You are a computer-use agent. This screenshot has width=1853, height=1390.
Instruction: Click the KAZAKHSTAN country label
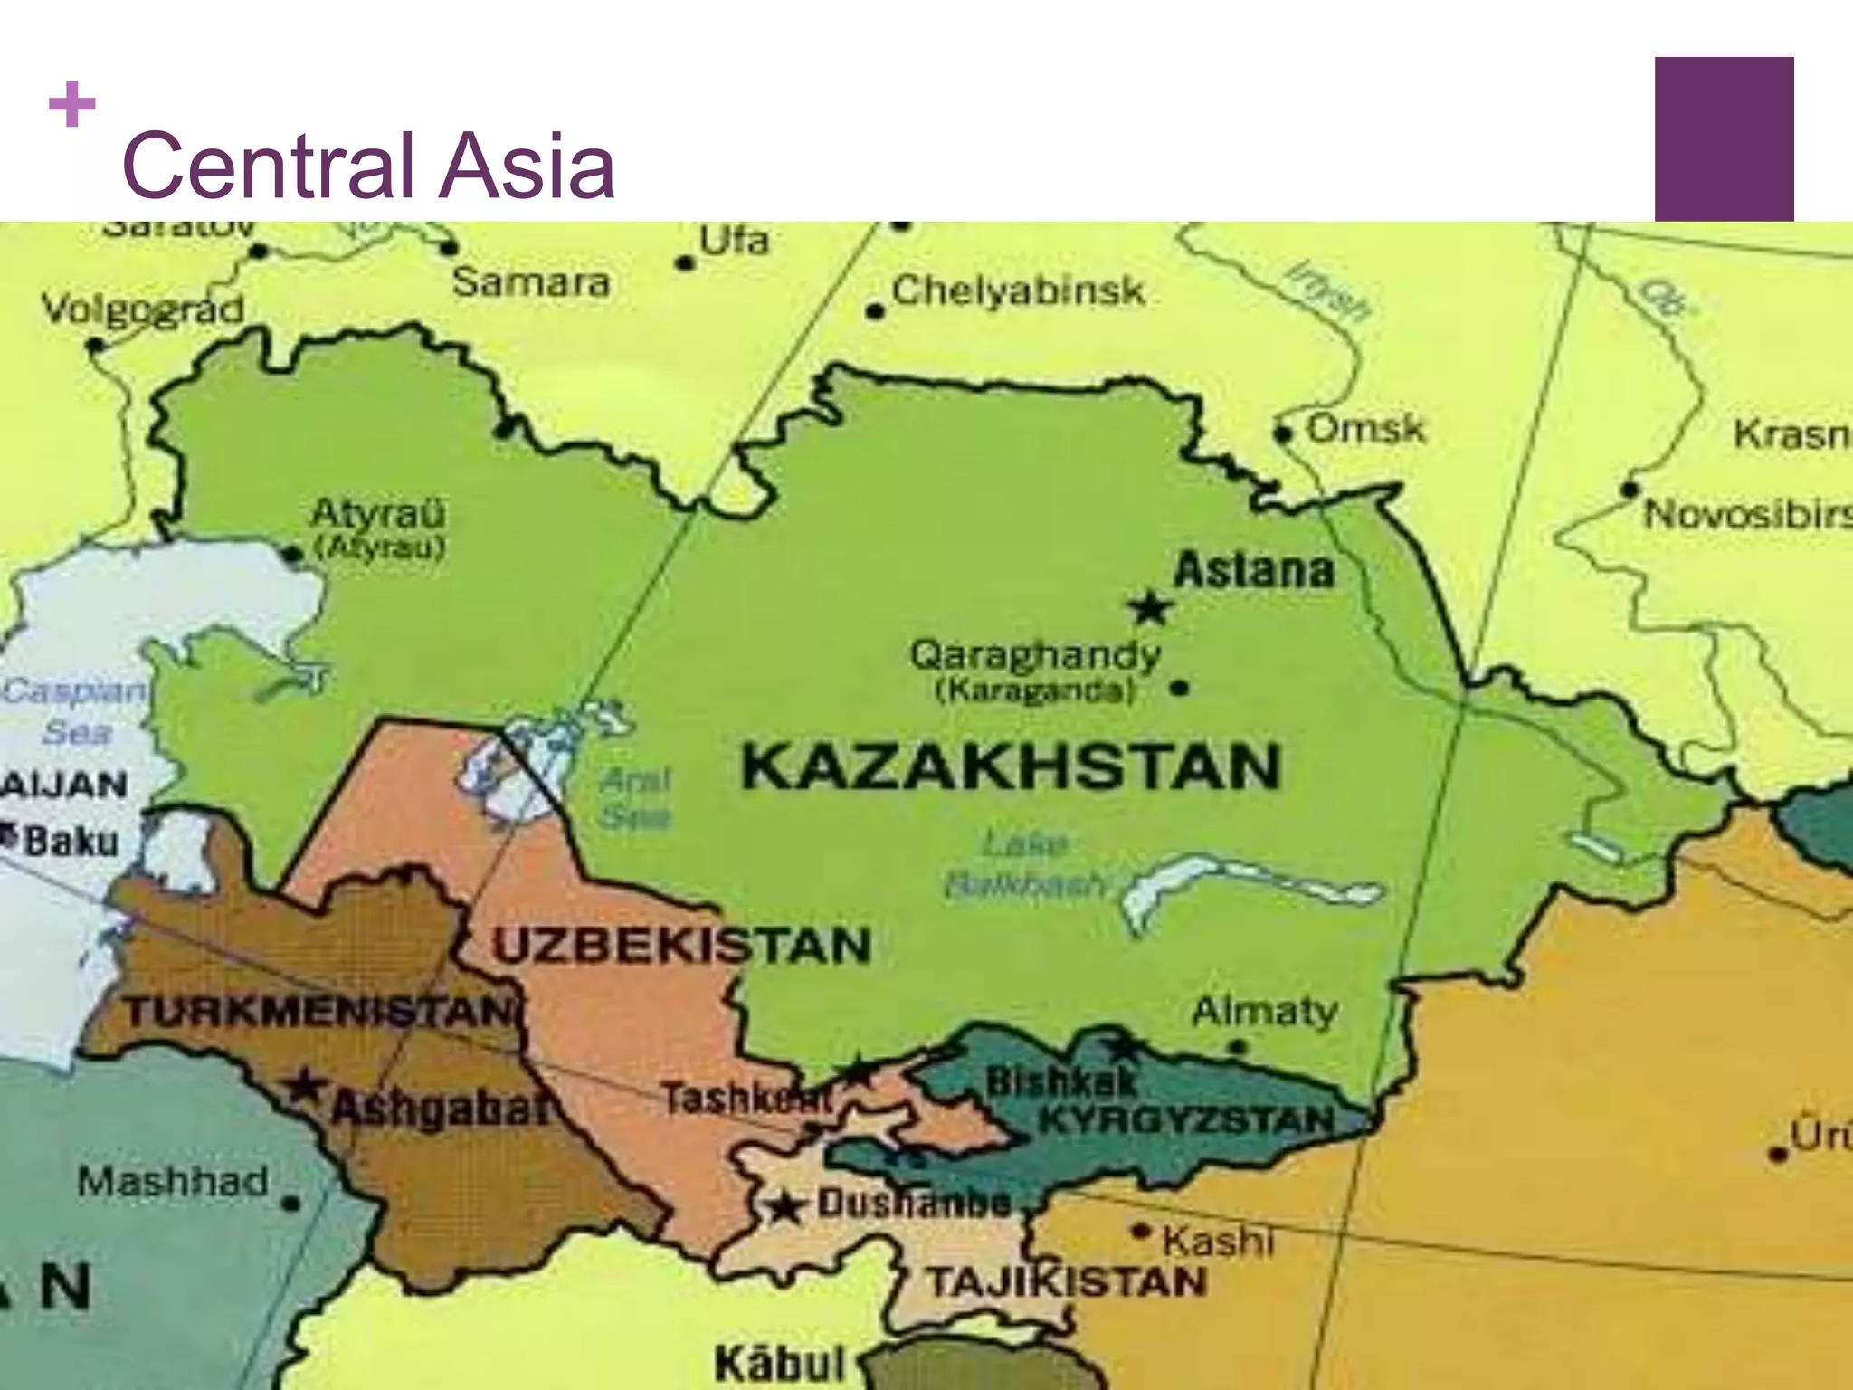1011,767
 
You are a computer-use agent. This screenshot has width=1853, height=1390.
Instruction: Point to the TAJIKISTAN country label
1066,1281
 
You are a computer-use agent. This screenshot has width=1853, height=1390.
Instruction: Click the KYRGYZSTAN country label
1185,1121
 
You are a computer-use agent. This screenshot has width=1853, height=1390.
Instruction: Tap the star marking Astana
1150,607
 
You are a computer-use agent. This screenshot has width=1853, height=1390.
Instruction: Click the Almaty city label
1264,1011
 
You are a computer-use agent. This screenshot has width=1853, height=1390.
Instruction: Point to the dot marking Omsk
1283,433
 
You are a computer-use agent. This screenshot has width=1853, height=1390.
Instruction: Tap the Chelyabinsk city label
1018,291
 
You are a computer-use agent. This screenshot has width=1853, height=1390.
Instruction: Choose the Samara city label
531,283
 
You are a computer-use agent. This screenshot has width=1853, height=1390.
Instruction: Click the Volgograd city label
143,310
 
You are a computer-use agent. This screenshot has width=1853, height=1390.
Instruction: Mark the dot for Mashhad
290,1204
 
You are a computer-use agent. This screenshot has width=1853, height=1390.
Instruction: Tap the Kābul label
780,1363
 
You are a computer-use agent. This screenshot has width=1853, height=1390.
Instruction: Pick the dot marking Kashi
1142,1232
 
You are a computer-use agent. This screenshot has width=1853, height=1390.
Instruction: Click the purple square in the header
1724,138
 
